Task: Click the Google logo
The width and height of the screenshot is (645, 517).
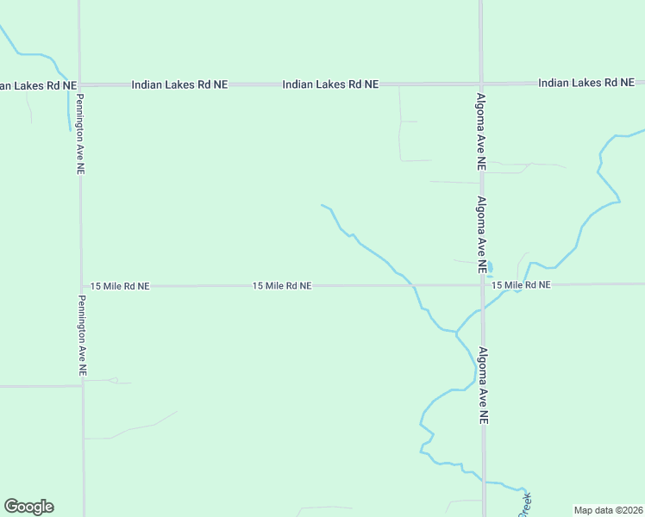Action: click(x=28, y=507)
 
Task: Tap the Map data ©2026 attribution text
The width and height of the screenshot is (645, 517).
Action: click(x=608, y=510)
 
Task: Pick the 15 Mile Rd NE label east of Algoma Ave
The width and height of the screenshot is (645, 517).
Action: click(x=521, y=285)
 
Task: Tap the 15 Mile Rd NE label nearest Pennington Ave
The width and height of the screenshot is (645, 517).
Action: click(x=120, y=285)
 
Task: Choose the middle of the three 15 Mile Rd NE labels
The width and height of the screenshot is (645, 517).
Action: click(x=282, y=285)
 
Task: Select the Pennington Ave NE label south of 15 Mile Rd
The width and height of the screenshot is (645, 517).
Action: click(x=82, y=336)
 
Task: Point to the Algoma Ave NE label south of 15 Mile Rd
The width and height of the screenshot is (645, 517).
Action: click(x=484, y=384)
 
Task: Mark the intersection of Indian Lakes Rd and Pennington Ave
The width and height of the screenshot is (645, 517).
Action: click(x=79, y=84)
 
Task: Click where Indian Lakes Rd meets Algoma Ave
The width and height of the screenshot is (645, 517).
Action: click(x=481, y=84)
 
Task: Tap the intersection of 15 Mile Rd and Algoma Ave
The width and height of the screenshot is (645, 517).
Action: click(x=482, y=284)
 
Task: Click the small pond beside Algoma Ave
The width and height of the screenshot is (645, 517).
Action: click(x=490, y=267)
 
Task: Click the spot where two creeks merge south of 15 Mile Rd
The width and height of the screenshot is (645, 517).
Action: click(x=456, y=331)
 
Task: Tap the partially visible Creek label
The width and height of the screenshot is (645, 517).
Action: click(x=526, y=505)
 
